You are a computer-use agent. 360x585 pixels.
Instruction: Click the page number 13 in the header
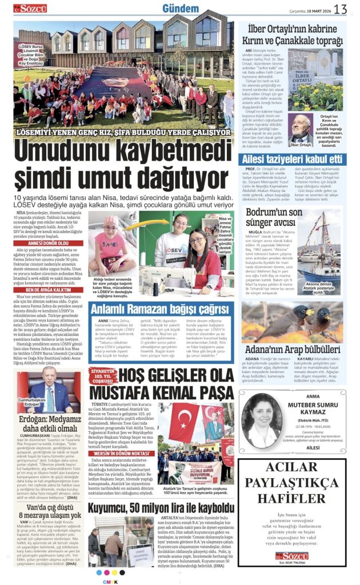pyautogui.click(x=341, y=9)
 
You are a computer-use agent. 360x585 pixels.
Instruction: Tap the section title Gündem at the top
pyautogui.click(x=181, y=8)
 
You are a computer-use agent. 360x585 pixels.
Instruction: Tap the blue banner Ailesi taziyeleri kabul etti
pyautogui.click(x=293, y=159)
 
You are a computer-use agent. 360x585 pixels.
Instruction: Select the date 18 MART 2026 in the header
pyautogui.click(x=313, y=9)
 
